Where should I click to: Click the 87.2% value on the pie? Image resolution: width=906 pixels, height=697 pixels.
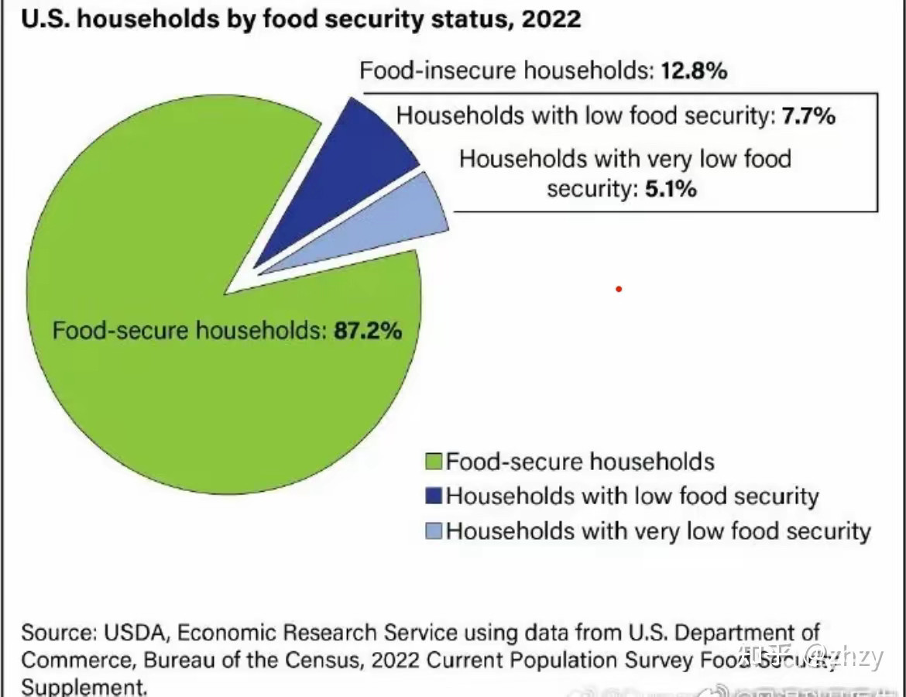(x=368, y=331)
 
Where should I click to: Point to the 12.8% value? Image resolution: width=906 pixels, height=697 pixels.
(x=694, y=71)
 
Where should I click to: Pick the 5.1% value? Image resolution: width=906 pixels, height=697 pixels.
(x=671, y=188)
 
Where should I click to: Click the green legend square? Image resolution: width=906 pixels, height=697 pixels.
(x=434, y=462)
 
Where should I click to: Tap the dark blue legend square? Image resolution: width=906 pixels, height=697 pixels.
(x=434, y=496)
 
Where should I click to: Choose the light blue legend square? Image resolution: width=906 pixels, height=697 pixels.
(x=434, y=530)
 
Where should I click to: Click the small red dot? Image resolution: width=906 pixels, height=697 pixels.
(x=619, y=290)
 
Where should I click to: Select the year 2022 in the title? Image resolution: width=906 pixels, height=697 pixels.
(x=551, y=19)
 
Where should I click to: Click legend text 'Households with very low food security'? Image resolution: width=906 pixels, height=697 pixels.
(x=658, y=530)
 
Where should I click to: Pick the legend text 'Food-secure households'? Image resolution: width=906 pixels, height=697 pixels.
(x=580, y=462)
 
